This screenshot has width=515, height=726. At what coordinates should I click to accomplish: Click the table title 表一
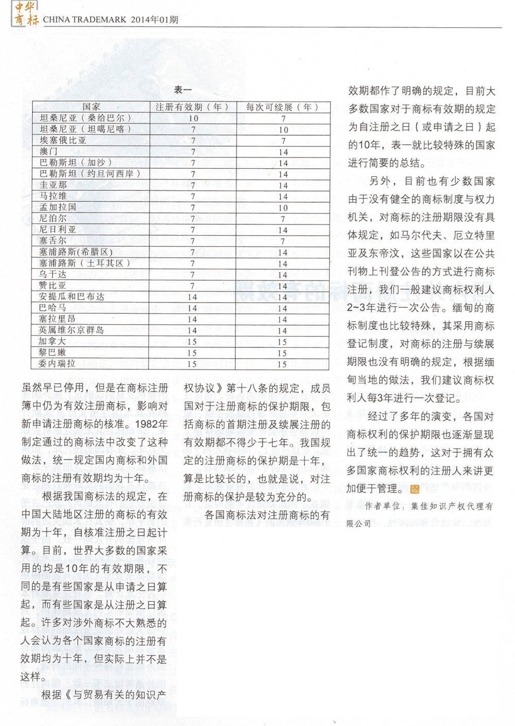183,90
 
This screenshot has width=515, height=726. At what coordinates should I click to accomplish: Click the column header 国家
91,107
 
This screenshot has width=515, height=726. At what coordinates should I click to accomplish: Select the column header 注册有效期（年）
192,107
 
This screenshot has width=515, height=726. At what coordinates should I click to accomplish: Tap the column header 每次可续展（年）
282,107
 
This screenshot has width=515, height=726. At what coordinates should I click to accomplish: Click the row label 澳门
49,151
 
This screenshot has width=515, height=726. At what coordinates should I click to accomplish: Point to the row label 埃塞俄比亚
63,140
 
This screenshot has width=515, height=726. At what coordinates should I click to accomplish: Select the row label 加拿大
52,341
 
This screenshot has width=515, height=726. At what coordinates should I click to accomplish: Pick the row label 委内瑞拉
57,364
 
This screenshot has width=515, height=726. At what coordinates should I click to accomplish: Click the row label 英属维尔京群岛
72,330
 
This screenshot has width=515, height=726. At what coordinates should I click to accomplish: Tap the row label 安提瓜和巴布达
72,296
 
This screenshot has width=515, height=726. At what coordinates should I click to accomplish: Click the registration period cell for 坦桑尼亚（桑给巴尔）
193,118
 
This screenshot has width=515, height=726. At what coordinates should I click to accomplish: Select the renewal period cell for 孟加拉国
283,208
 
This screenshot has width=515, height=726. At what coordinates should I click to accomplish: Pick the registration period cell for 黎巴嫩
192,353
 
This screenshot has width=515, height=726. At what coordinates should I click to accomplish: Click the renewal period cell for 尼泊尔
283,219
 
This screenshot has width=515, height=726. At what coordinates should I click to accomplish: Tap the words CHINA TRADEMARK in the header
85,20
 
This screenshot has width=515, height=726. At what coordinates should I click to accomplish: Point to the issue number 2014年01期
154,20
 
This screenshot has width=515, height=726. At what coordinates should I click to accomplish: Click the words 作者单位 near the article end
382,506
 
